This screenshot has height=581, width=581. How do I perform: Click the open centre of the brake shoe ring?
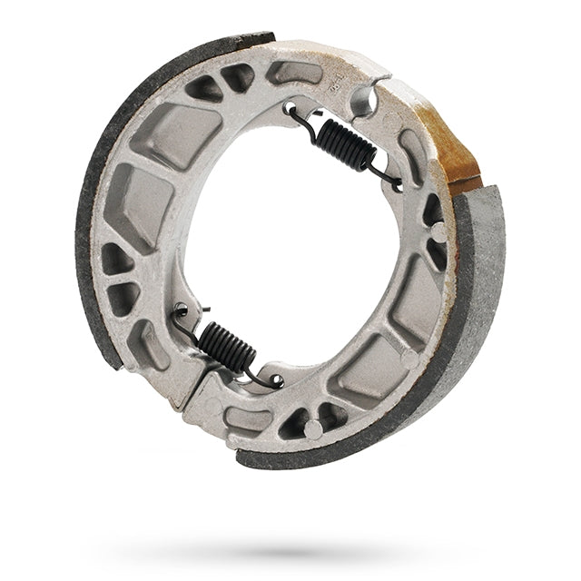pos(290,245)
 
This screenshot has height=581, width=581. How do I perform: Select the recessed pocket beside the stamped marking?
pos(295,73)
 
